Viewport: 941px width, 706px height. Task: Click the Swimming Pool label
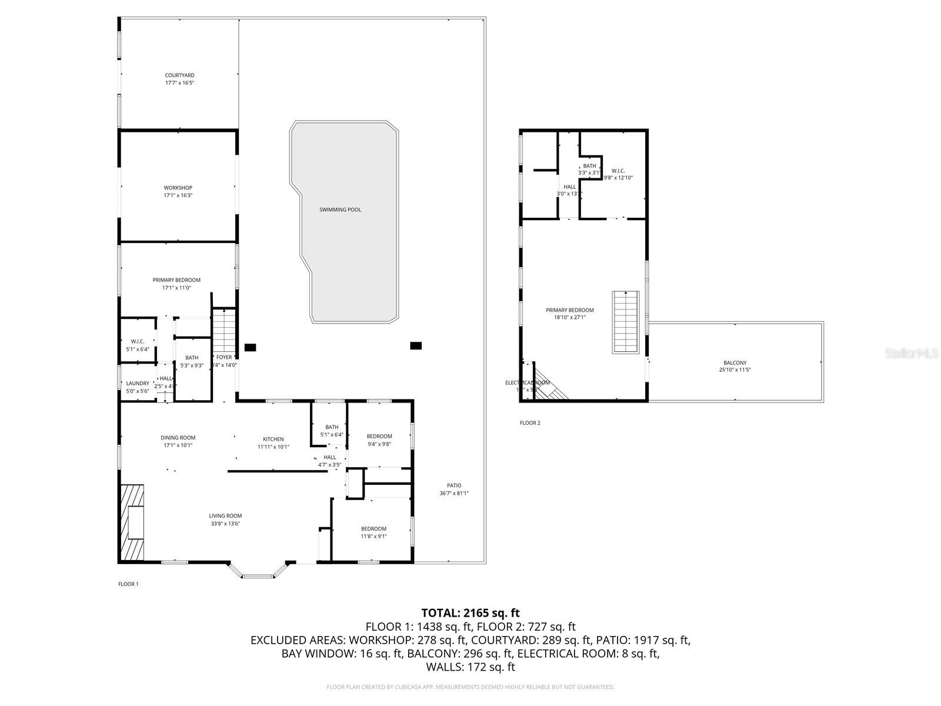[x=340, y=209]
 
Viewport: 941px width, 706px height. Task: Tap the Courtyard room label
[x=179, y=75]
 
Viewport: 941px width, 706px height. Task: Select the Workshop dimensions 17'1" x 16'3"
[x=178, y=195]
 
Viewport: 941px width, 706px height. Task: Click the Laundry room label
[x=138, y=383]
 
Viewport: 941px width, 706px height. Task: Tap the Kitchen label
[x=273, y=439]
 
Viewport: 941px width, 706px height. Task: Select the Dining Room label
[x=178, y=438]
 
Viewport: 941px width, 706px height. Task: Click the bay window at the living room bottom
[x=258, y=572]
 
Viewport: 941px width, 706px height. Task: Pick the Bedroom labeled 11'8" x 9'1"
[x=373, y=528]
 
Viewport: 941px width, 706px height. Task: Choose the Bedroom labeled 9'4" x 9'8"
[x=379, y=437]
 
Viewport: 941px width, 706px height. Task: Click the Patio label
[x=454, y=485]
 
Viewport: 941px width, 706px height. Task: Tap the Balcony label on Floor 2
[x=735, y=363]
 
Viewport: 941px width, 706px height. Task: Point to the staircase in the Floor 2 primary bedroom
[x=626, y=322]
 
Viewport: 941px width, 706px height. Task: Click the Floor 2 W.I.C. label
[x=618, y=171]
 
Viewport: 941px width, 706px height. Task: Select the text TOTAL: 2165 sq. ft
[x=470, y=613]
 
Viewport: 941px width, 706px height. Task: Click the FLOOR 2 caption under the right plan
[x=529, y=423]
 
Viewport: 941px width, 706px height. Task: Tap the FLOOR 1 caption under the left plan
[x=128, y=584]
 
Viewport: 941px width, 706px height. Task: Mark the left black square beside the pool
[x=250, y=347]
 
